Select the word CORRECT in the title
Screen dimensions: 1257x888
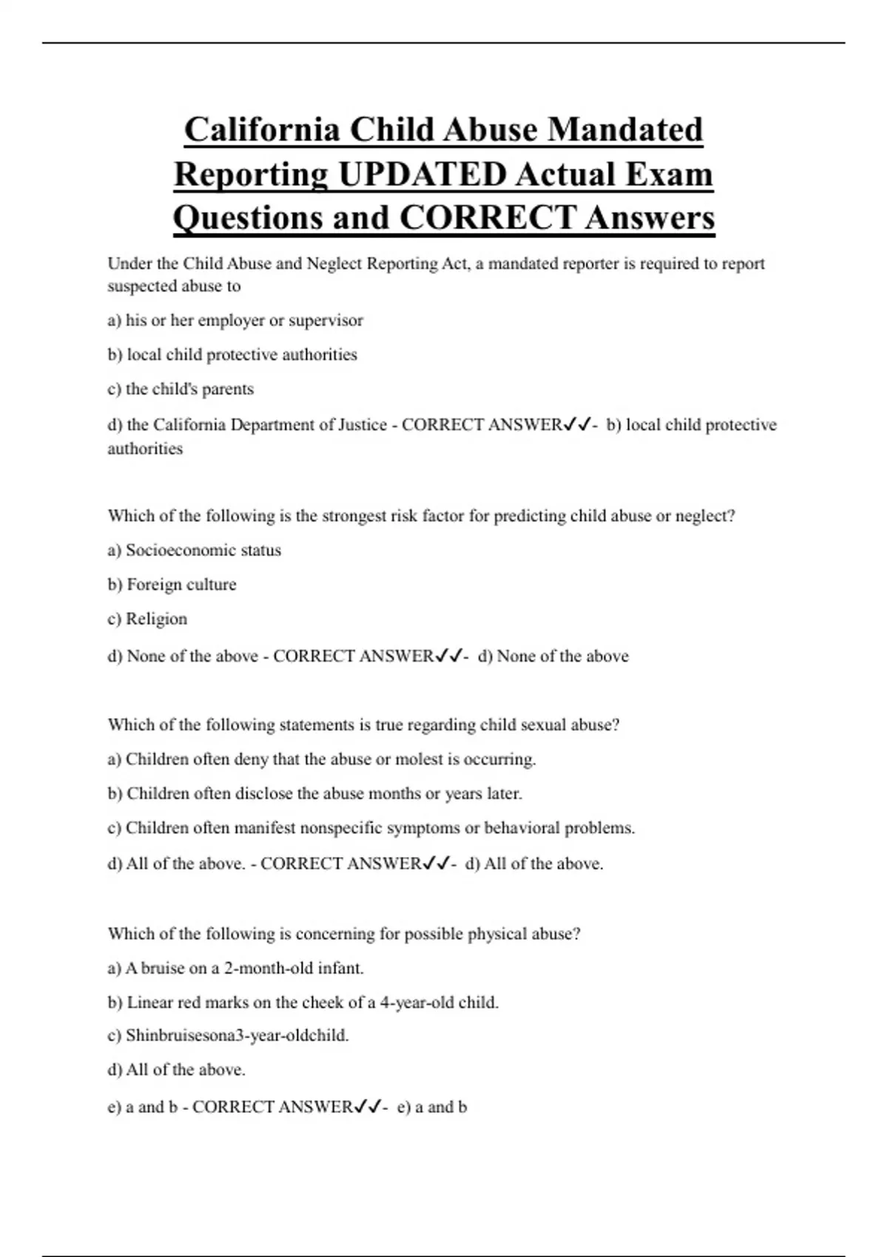point(488,218)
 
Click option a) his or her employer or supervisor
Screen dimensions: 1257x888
point(235,321)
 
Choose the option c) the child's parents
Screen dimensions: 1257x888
point(181,390)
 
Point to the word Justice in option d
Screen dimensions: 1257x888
point(363,425)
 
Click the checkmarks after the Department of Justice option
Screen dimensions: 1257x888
point(577,425)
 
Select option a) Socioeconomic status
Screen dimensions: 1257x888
point(194,550)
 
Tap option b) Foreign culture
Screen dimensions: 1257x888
point(172,585)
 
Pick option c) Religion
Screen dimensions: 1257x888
point(147,619)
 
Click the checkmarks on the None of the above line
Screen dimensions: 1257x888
point(448,657)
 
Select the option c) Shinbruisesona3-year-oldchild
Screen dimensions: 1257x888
point(228,1036)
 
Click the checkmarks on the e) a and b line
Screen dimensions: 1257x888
point(368,1108)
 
